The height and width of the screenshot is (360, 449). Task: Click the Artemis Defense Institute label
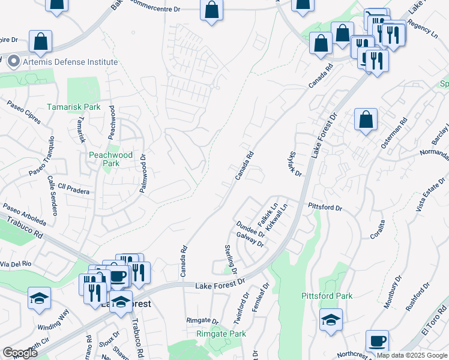[70, 62]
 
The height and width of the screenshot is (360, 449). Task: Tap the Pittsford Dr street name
[325, 208]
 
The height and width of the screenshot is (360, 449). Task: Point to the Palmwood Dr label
[143, 175]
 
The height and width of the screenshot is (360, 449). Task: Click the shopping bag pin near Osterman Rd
[366, 119]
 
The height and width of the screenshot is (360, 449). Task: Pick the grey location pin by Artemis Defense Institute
[14, 61]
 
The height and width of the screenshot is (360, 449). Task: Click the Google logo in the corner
[20, 353]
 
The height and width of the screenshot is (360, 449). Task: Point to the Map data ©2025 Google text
[412, 356]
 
